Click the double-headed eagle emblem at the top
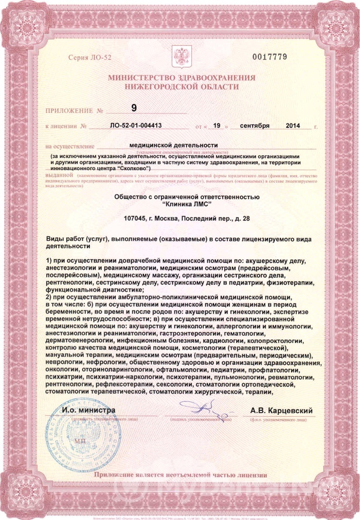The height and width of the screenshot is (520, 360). [181, 55]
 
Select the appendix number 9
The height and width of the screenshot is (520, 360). [135, 107]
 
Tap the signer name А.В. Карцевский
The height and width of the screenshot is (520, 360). [281, 411]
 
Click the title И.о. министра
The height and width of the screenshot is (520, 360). [89, 410]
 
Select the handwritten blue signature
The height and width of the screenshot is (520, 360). [205, 409]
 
